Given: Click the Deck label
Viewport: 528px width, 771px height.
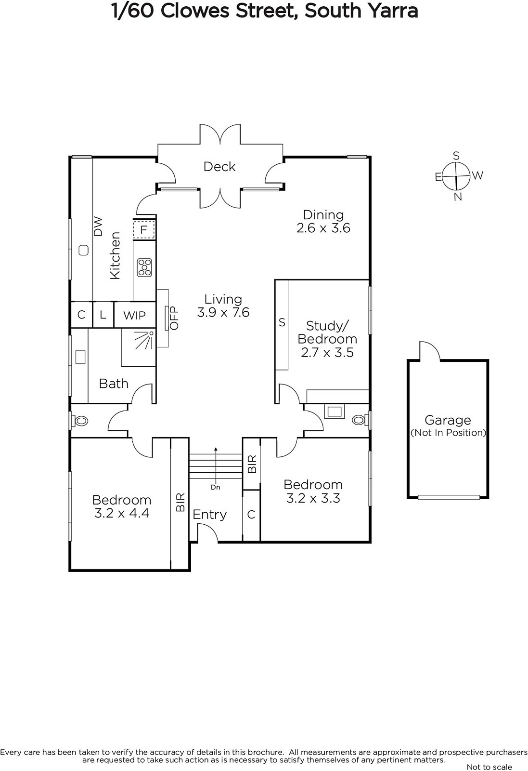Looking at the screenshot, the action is pyautogui.click(x=219, y=167).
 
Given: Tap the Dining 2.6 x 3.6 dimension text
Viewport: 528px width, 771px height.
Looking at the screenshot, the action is pyautogui.click(x=323, y=228).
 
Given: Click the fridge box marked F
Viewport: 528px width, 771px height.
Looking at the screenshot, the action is pyautogui.click(x=144, y=229).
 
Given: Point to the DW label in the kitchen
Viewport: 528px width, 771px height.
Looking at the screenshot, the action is pyautogui.click(x=98, y=226).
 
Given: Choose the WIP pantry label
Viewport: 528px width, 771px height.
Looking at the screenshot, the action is pyautogui.click(x=134, y=315).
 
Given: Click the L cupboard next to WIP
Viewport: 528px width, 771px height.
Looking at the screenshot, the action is pyautogui.click(x=103, y=315).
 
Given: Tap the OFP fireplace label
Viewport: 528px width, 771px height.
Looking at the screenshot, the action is pyautogui.click(x=174, y=318).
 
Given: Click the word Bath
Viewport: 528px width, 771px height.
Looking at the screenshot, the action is pyautogui.click(x=114, y=384).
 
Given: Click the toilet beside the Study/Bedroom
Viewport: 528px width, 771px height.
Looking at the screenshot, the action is pyautogui.click(x=360, y=420).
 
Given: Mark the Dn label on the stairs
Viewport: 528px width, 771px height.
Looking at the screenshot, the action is pyautogui.click(x=216, y=487).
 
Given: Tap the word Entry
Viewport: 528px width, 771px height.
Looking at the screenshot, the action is pyautogui.click(x=210, y=515).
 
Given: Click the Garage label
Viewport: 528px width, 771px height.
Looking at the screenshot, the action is pyautogui.click(x=448, y=420).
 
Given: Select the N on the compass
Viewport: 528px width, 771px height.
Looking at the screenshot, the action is pyautogui.click(x=458, y=197).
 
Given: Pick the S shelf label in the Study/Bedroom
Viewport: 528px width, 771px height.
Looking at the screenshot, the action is pyautogui.click(x=282, y=322).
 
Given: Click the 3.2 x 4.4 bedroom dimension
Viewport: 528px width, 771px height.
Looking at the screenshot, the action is pyautogui.click(x=122, y=513).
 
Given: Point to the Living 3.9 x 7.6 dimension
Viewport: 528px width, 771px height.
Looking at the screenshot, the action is pyautogui.click(x=223, y=312).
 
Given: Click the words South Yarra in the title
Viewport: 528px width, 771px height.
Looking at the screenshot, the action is pyautogui.click(x=361, y=11).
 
